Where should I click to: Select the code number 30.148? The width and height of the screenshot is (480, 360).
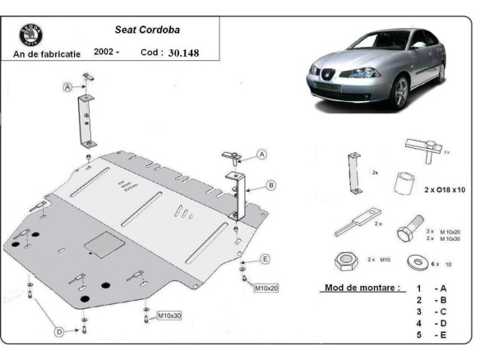182,53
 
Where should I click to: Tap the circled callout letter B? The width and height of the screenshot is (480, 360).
270,186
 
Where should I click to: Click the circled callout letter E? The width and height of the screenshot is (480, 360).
265,260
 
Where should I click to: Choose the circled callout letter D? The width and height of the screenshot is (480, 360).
58,332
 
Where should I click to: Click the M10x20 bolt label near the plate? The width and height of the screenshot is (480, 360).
266,288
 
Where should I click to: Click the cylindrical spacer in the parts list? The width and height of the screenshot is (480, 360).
402,182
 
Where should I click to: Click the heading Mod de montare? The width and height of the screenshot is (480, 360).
359,288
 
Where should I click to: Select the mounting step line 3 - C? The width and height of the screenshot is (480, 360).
432,312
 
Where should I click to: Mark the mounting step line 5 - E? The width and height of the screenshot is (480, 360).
432,335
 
